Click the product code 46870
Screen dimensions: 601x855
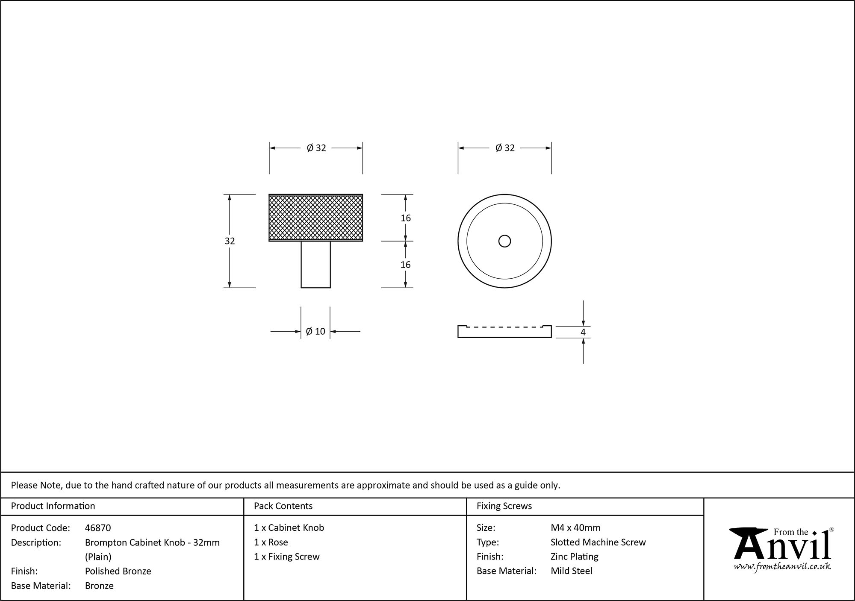[x=98, y=528]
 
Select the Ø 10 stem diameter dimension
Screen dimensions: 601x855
[x=315, y=331]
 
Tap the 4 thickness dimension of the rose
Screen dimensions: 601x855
[x=583, y=332]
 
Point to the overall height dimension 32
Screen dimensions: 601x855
[x=230, y=241]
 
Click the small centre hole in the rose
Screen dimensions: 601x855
[x=504, y=241]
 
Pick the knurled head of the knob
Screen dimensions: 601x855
[x=315, y=218]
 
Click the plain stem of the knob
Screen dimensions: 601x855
[x=315, y=265]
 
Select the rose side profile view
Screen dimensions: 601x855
[x=504, y=332]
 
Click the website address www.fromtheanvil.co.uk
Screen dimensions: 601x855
[x=782, y=566]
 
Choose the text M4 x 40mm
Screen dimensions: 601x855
[x=575, y=528]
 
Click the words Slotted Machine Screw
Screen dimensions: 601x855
[x=598, y=542]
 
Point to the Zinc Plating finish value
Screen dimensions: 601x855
[x=574, y=557]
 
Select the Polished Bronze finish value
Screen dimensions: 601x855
[x=118, y=571]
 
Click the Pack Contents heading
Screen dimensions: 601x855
[x=283, y=506]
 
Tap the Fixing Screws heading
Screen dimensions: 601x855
[x=504, y=506]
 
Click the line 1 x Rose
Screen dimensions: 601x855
[x=271, y=542]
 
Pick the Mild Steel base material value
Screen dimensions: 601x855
[x=572, y=571]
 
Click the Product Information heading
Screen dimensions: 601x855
[x=53, y=506]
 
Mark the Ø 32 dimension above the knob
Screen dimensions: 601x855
[x=316, y=148]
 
